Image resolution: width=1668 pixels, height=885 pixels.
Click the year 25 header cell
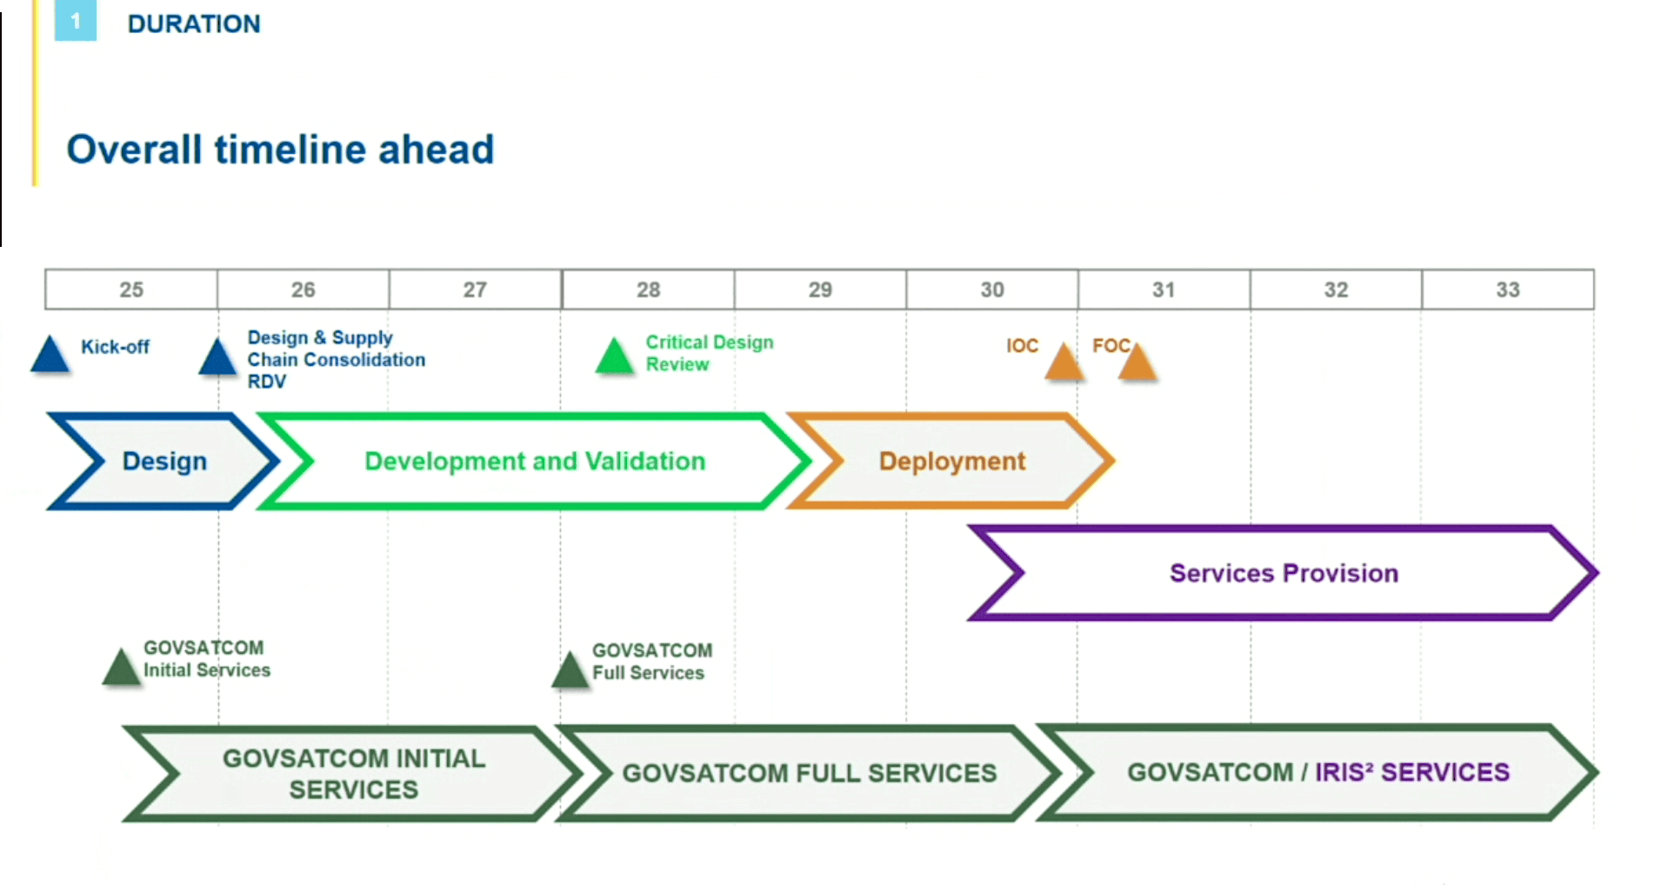[x=131, y=289]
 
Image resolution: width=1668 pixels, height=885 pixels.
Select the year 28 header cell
[x=648, y=289]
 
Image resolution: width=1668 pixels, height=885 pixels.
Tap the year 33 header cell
[x=1507, y=289]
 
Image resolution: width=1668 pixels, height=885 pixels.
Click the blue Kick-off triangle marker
[x=50, y=356]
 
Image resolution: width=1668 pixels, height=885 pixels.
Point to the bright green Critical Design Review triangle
[x=615, y=357]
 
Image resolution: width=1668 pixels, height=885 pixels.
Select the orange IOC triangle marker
[x=1063, y=363]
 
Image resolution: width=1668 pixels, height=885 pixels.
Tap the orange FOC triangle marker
[x=1138, y=363]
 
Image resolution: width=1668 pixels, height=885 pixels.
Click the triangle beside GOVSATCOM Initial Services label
[x=121, y=669]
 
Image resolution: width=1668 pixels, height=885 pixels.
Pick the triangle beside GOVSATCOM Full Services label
[x=570, y=671]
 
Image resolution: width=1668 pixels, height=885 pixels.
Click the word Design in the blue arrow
[x=164, y=461]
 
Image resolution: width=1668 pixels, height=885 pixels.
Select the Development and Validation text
[x=535, y=461]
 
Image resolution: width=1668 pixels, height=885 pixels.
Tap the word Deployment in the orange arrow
[x=952, y=461]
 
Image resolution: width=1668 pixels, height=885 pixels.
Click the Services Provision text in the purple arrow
[x=1284, y=573]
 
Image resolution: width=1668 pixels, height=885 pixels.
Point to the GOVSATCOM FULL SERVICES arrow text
[x=809, y=773]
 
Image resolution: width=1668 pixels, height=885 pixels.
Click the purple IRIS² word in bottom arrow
[x=1344, y=772]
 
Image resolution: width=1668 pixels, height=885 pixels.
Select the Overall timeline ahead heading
[x=280, y=150]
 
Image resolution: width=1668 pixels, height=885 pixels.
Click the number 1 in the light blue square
[x=76, y=21]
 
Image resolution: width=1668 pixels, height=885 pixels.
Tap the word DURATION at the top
[x=194, y=23]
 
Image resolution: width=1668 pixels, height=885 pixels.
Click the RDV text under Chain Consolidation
[x=266, y=382]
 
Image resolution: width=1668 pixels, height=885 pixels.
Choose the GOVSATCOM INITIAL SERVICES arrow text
[x=354, y=774]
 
